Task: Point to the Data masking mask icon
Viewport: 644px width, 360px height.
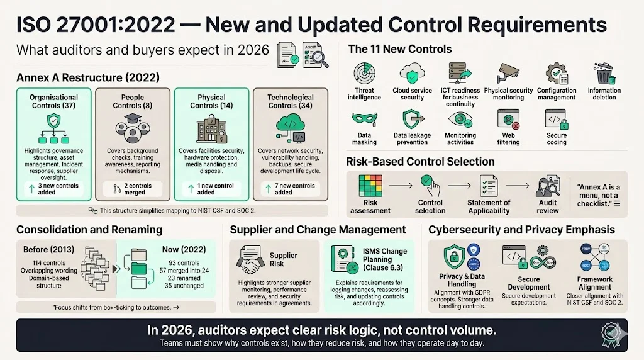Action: (364, 118)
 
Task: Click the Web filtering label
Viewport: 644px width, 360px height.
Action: (508, 139)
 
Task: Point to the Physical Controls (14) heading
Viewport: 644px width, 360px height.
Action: (211, 101)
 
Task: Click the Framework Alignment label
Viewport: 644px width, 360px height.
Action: (594, 283)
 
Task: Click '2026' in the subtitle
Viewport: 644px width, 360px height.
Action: (253, 50)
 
